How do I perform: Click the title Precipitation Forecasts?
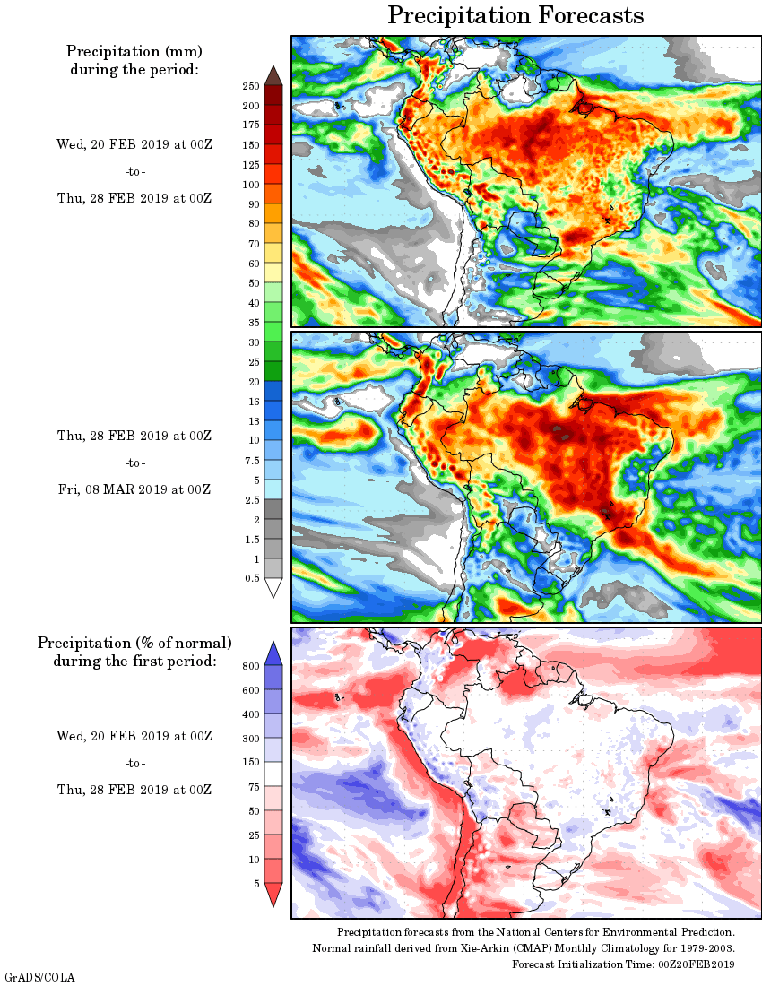[515, 15]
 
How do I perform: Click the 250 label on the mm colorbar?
[250, 86]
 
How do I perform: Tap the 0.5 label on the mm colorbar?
[252, 579]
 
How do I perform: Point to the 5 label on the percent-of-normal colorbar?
[255, 884]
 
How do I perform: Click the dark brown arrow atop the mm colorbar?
[274, 75]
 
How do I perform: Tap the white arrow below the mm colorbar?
[274, 588]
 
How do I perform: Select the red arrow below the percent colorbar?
[274, 894]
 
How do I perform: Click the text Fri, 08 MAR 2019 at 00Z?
[134, 489]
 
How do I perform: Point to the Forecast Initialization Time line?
[624, 964]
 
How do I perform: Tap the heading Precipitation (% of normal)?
[134, 643]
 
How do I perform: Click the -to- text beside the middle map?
[134, 463]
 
